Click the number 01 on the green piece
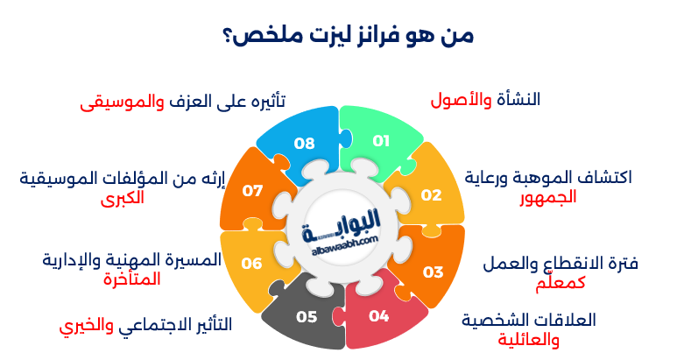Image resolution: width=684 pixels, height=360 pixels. (380, 140)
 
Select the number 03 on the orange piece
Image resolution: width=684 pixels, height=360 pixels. (434, 272)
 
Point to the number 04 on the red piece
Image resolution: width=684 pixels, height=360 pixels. (378, 316)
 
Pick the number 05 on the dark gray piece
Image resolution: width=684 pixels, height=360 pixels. (306, 316)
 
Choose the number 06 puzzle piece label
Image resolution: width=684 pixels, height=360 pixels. (251, 263)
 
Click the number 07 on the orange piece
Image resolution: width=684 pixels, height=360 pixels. (253, 190)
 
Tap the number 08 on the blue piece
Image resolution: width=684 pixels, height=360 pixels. (304, 143)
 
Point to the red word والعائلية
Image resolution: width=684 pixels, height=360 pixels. (529, 339)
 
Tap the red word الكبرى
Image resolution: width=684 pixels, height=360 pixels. (122, 197)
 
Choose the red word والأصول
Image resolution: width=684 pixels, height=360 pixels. (462, 100)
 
